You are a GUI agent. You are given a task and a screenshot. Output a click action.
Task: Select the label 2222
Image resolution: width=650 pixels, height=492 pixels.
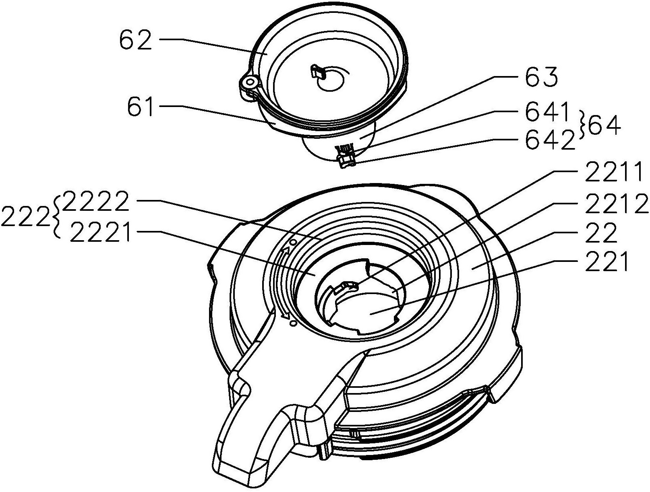point(95,202)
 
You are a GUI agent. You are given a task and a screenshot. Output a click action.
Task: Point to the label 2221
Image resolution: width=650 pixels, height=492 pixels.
point(101,233)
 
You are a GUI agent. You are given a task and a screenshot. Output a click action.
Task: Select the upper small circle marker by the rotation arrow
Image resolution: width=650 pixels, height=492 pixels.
point(293,242)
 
